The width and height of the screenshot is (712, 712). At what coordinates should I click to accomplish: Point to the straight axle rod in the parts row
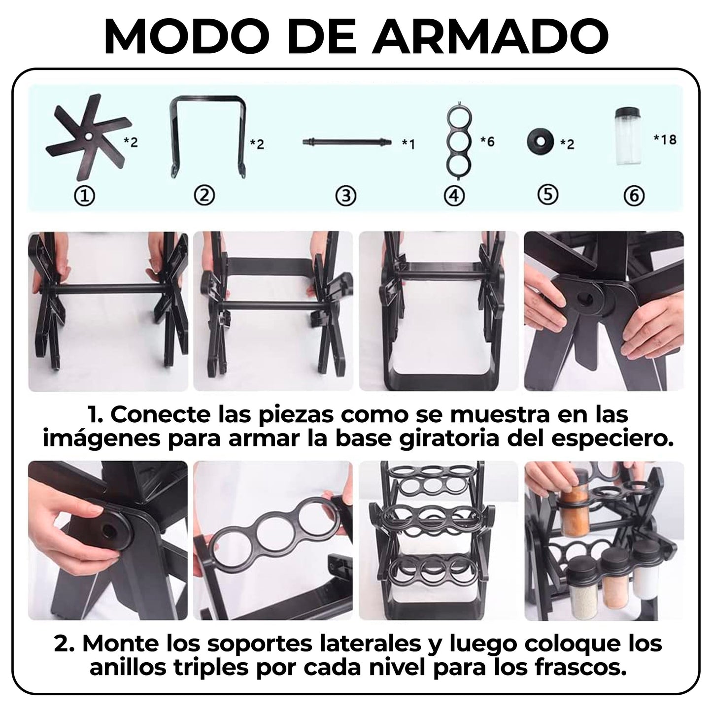pos(346,141)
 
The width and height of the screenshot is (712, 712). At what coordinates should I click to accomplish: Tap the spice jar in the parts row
pos(628,136)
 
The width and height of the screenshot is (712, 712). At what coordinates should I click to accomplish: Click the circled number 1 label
pos(85,196)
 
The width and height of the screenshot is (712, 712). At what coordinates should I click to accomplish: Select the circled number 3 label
pos(346,196)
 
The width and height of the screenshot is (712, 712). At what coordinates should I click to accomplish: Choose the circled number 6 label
pos(634,196)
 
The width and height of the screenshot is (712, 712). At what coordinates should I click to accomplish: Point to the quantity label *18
pos(665,139)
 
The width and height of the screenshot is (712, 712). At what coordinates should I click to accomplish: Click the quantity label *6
pos(487,141)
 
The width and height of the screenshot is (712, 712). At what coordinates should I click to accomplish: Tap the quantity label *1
pos(408,143)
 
